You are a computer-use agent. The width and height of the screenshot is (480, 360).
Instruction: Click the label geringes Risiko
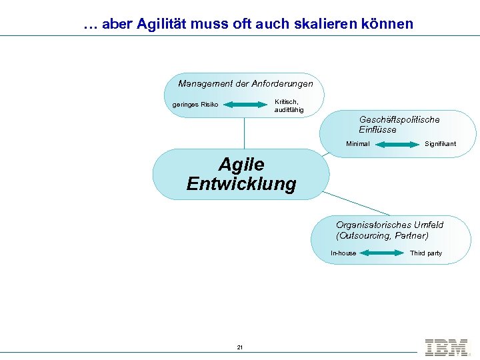(195, 105)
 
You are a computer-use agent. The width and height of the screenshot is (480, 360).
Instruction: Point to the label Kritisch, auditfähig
(289, 105)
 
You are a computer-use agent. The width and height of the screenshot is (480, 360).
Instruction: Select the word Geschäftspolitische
(399, 120)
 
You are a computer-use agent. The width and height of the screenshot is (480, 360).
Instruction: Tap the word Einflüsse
(377, 130)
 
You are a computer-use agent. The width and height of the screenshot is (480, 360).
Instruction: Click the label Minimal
(358, 144)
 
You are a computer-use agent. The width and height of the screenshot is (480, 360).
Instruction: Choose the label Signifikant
(440, 144)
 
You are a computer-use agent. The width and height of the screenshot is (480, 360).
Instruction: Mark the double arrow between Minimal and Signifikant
(399, 144)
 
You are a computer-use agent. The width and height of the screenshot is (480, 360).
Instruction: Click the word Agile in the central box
(241, 164)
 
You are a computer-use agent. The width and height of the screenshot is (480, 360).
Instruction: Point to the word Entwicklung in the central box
(241, 184)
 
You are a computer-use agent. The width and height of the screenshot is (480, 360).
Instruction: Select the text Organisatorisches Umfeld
(389, 225)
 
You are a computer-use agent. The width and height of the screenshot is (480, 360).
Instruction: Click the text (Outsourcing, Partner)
(382, 236)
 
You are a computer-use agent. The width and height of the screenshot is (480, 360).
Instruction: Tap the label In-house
(343, 253)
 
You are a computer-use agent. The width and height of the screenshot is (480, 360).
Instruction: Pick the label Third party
(425, 253)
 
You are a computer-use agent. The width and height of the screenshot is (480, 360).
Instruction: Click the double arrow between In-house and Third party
(381, 253)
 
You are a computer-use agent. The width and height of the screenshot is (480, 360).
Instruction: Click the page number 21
(240, 347)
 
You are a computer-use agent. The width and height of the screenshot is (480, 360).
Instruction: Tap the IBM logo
(446, 347)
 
